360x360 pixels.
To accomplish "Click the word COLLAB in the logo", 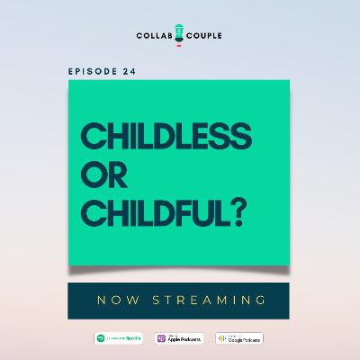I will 156,37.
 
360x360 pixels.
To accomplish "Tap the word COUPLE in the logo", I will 204,37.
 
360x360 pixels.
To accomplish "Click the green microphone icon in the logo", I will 180,33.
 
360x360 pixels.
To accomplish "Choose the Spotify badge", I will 119,338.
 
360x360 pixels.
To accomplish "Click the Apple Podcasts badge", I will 179,338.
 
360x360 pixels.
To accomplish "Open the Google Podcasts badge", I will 239,338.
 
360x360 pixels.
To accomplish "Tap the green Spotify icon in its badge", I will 101,338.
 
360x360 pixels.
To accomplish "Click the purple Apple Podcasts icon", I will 162,338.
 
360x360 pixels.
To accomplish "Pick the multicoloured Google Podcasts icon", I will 221,338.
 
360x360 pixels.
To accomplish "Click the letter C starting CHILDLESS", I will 94,137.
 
